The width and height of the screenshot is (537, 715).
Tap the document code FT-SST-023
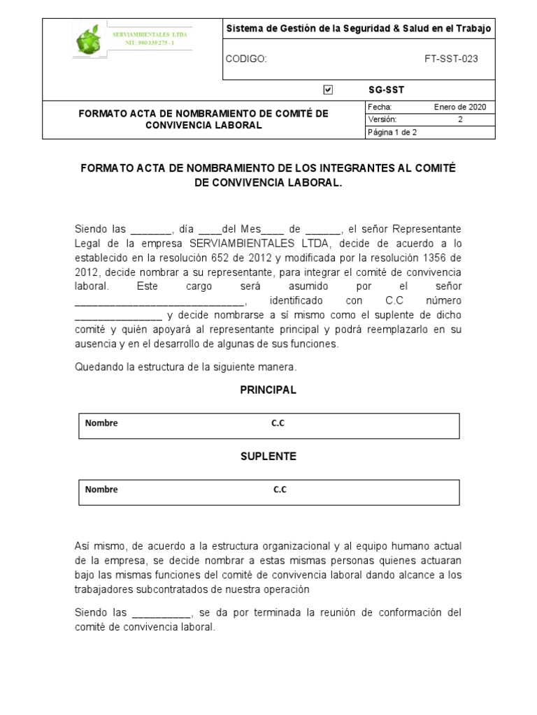point(451,59)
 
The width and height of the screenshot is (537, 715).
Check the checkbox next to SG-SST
point(329,89)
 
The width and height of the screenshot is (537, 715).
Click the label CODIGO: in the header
point(245,59)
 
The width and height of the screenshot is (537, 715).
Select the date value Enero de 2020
point(460,107)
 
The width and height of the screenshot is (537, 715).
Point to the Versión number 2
point(460,119)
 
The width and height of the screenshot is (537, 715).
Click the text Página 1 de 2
point(392,132)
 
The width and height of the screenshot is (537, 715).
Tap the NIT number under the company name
point(150,43)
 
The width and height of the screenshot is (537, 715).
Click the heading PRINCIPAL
point(268,390)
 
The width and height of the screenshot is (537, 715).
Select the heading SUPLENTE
point(268,456)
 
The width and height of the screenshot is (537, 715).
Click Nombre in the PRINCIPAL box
point(101,423)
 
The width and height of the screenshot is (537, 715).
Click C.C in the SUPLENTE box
point(280,489)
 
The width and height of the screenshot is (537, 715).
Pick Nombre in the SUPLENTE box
point(101,489)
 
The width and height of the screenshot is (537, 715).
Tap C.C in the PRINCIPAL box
point(278,423)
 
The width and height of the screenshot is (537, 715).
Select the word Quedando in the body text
point(96,367)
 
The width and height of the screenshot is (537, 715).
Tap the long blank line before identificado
point(160,301)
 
